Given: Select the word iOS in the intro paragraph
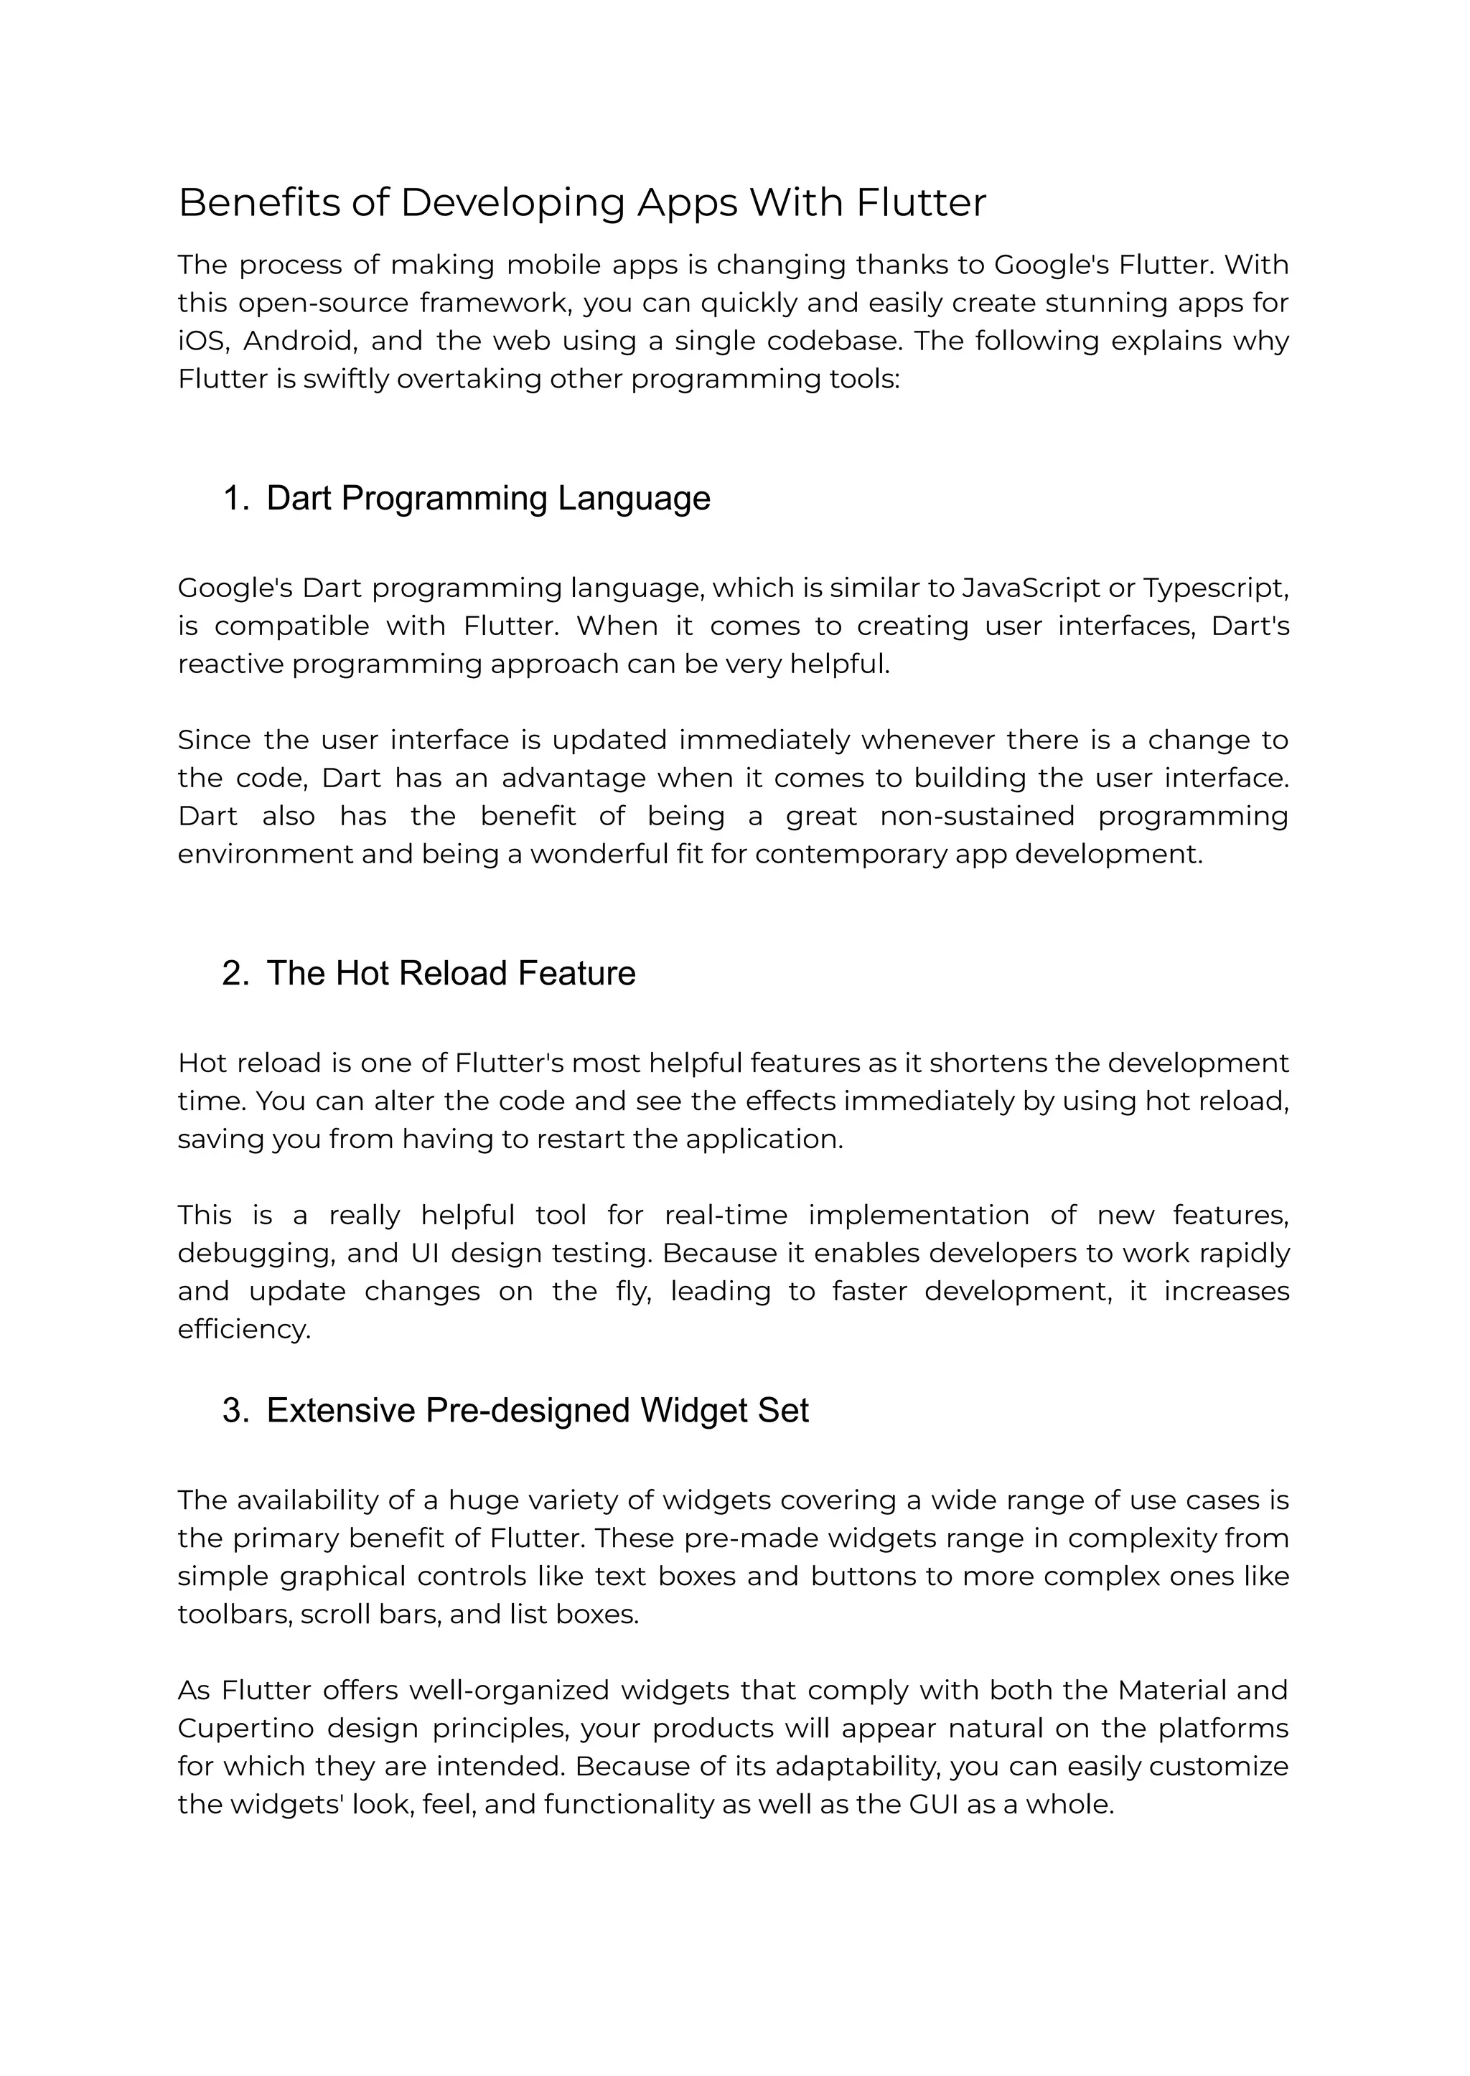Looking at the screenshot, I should (x=201, y=341).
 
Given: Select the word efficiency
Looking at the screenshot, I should (x=243, y=1330).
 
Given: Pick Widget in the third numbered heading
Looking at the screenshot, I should (x=693, y=1411).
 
